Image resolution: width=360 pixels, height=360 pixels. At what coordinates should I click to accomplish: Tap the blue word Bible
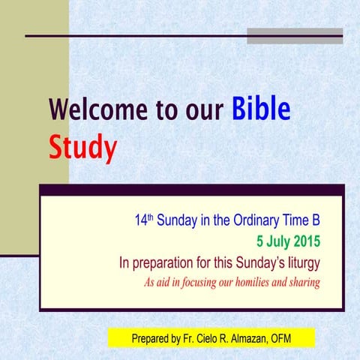pos(260,109)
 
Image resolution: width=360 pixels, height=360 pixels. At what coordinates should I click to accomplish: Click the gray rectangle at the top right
pos(295,36)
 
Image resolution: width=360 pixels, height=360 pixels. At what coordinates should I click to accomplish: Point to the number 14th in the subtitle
pos(144,222)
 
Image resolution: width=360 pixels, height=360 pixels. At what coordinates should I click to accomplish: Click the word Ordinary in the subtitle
pos(259,222)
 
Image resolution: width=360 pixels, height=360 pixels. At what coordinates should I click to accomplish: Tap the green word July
pos(270,242)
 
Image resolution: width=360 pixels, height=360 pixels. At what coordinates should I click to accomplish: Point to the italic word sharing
pos(303,283)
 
